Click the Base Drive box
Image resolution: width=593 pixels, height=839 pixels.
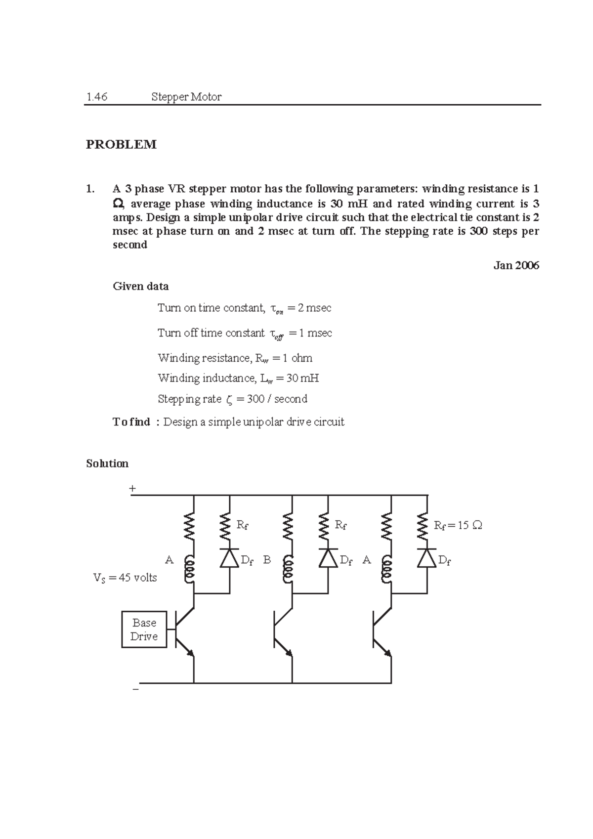144,629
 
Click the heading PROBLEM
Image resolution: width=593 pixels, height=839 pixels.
121,144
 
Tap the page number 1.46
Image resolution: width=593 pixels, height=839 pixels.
96,97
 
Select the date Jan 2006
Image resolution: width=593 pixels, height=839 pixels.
516,265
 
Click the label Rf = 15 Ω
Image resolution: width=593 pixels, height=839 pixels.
458,525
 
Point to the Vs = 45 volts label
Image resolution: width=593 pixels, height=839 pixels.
125,578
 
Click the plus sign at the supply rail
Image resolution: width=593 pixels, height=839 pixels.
132,489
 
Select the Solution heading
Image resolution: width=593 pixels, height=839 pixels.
107,463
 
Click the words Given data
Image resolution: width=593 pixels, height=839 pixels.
141,287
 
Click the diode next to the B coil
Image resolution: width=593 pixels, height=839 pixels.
328,558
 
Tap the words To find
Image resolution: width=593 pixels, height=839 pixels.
131,422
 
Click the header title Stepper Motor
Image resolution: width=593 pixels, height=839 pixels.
186,97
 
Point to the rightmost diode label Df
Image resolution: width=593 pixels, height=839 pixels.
445,560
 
